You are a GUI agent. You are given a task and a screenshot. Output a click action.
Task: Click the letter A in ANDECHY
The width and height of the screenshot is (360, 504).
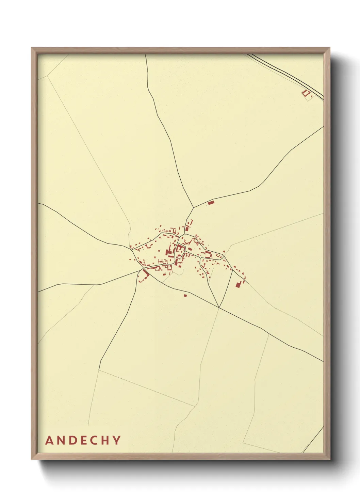49,440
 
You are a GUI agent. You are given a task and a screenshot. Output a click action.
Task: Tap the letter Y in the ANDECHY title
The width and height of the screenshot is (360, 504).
117,440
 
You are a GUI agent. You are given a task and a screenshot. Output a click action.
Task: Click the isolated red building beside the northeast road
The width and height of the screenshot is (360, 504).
211,203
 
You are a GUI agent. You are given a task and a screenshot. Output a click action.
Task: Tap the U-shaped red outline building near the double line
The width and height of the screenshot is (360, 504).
305,93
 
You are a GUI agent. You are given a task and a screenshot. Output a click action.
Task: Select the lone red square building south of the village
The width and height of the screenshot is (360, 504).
185,295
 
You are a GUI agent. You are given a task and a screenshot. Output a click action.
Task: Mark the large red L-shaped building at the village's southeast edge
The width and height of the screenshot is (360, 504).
239,284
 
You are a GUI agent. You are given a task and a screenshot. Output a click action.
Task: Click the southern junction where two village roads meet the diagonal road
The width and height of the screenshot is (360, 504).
219,308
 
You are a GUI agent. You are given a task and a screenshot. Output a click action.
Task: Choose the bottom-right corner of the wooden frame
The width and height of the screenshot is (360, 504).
329,459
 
